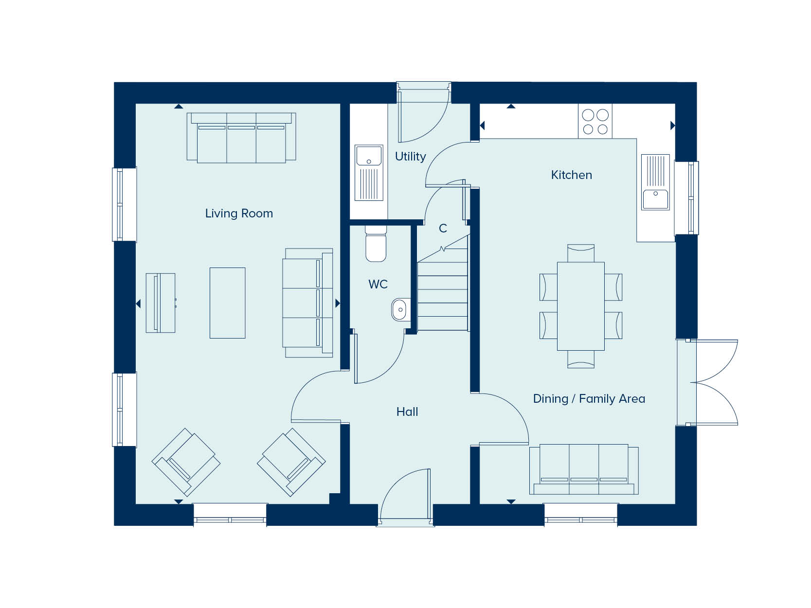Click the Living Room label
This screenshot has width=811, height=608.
239,214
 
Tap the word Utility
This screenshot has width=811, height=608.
410,157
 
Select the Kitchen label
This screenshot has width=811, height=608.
571,175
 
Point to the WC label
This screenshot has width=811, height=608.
378,284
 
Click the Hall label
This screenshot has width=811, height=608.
407,411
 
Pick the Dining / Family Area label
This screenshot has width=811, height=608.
589,398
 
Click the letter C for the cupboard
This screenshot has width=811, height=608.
443,228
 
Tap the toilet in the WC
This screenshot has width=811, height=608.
376,244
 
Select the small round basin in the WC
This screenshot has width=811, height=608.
400,309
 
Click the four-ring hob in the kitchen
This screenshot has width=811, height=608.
595,121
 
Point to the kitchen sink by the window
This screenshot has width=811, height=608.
655,182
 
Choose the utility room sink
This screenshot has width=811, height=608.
369,173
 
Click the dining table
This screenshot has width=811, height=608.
581,306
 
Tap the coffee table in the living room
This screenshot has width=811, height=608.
228,303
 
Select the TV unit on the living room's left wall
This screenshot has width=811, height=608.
161,303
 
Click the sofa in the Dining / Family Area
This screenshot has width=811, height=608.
584,469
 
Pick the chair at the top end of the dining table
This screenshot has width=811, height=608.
581,253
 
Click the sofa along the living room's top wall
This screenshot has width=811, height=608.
241,138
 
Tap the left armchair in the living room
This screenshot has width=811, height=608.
186,462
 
